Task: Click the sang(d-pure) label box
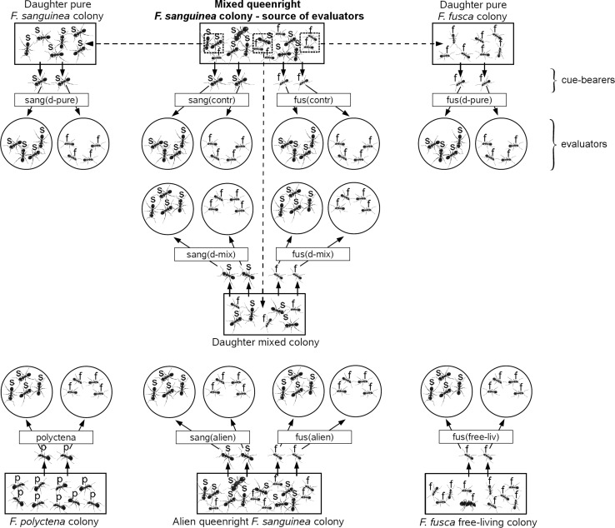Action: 52,100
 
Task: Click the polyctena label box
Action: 52,437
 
